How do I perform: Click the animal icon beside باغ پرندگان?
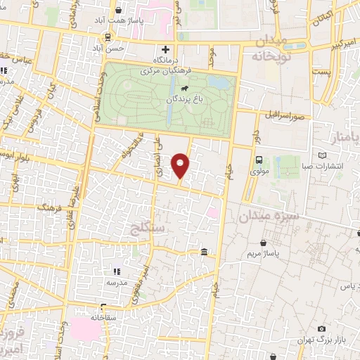pyautogui.click(x=184, y=89)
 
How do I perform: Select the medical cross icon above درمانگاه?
pyautogui.click(x=165, y=50)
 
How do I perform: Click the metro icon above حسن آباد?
pyautogui.click(x=108, y=37)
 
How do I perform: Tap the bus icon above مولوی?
pyautogui.click(x=259, y=160)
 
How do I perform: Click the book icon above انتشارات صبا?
pyautogui.click(x=322, y=155)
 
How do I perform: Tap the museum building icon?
pyautogui.click(x=204, y=252)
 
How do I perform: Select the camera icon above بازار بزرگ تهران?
pyautogui.click(x=322, y=329)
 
